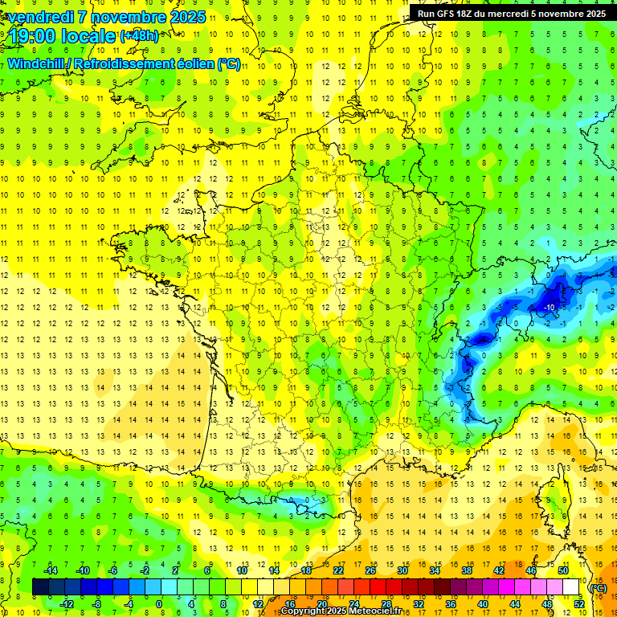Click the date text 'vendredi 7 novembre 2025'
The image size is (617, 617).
(104, 17)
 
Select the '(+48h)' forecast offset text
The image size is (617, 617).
(139, 36)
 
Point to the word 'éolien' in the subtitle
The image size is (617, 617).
(191, 63)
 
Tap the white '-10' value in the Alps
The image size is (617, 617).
(550, 308)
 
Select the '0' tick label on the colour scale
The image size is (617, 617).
(159, 604)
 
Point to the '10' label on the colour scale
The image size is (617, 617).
(242, 570)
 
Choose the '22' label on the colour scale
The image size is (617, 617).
(338, 570)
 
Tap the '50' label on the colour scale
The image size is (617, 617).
(563, 570)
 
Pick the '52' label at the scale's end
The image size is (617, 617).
(578, 604)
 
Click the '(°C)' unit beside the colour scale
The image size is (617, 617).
(599, 588)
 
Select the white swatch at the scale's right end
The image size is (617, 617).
(571, 587)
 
